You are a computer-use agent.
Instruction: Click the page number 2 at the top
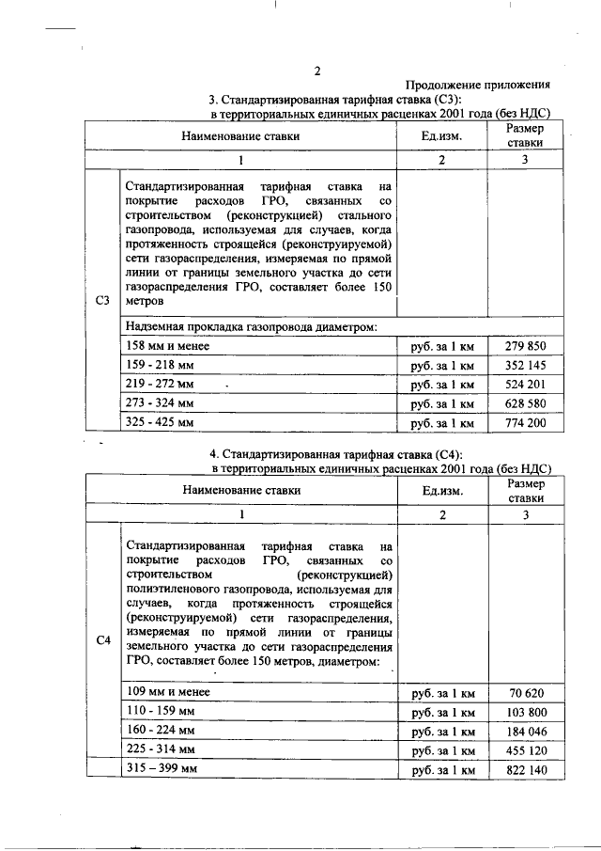[x=317, y=71]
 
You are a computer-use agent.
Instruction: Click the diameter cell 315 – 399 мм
[x=161, y=769]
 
